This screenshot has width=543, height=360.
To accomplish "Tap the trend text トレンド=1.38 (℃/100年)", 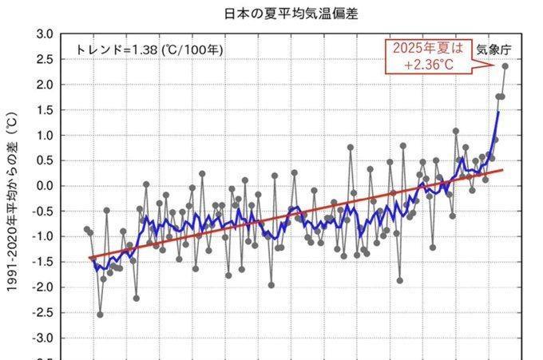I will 150,49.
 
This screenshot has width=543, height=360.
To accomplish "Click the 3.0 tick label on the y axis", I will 46,34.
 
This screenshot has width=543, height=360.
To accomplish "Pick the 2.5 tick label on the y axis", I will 46,59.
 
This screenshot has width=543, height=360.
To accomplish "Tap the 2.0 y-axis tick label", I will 46,85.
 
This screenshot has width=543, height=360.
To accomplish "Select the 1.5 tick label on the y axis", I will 46,110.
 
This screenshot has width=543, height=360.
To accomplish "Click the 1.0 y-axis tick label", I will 46,135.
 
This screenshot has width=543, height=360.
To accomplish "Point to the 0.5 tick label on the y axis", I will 46,160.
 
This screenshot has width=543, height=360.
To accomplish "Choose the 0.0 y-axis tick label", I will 46,186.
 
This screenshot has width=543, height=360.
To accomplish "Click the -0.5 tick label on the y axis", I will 44,212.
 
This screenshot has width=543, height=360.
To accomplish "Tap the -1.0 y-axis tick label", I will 44,236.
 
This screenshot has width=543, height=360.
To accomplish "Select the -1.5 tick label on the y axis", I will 44,262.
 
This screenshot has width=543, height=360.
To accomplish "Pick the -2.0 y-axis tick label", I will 44,287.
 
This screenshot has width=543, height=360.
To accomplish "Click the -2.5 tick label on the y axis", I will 44,313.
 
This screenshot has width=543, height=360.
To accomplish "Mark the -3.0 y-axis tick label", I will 44,338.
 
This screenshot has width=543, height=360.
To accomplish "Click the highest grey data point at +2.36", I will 505,66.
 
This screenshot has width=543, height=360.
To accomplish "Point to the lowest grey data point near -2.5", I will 100,315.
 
